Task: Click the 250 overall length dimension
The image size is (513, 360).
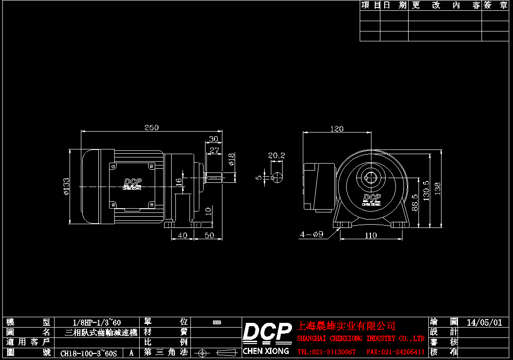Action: click(151, 127)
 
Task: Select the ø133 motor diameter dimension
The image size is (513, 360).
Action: click(66, 187)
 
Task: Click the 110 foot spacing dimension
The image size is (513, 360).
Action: click(371, 235)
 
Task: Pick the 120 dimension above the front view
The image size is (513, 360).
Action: click(337, 129)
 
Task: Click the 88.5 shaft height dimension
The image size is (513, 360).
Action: click(415, 203)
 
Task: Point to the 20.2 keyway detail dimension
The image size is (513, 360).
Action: click(276, 156)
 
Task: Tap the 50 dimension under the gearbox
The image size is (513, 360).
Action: click(209, 235)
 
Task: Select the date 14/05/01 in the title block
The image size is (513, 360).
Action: click(484, 322)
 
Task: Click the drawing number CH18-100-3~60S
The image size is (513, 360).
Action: click(88, 352)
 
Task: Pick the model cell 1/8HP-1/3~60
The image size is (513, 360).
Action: click(97, 322)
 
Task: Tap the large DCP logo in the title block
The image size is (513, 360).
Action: click(267, 332)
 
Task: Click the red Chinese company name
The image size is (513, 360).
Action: click(346, 326)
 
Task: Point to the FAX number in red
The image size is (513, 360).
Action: click(395, 352)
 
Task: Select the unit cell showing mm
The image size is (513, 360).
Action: click(217, 322)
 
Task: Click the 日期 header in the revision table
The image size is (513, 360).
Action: click(395, 5)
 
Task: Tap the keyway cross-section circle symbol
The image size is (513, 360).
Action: click(278, 177)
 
